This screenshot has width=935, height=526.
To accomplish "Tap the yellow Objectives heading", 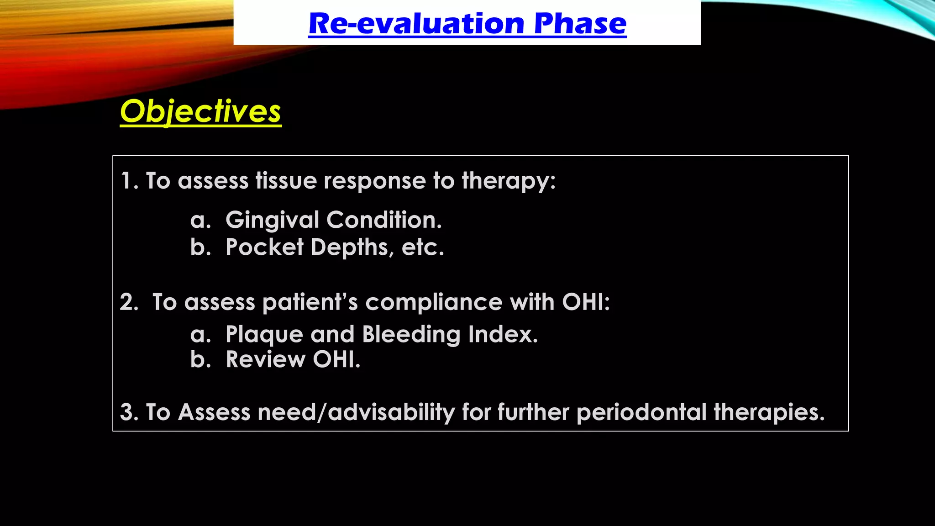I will (x=200, y=111).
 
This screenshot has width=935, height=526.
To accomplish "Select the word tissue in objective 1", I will (x=286, y=181).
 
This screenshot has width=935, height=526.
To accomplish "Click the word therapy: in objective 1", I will (x=509, y=181).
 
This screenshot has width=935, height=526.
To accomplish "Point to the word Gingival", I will (x=272, y=220).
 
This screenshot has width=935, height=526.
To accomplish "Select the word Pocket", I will (x=265, y=247).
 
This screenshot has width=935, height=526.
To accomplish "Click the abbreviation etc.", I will (x=422, y=247).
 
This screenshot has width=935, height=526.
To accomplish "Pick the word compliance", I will (x=434, y=302).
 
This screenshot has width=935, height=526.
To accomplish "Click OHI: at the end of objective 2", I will (x=586, y=302).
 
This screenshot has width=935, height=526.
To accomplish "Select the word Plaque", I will (x=264, y=335).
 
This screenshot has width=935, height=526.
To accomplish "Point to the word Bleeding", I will (x=411, y=335).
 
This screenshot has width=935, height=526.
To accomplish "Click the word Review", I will (x=266, y=360).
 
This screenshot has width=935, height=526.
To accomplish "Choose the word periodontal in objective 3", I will (x=641, y=412).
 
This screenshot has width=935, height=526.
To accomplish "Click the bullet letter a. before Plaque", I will (x=200, y=335).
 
